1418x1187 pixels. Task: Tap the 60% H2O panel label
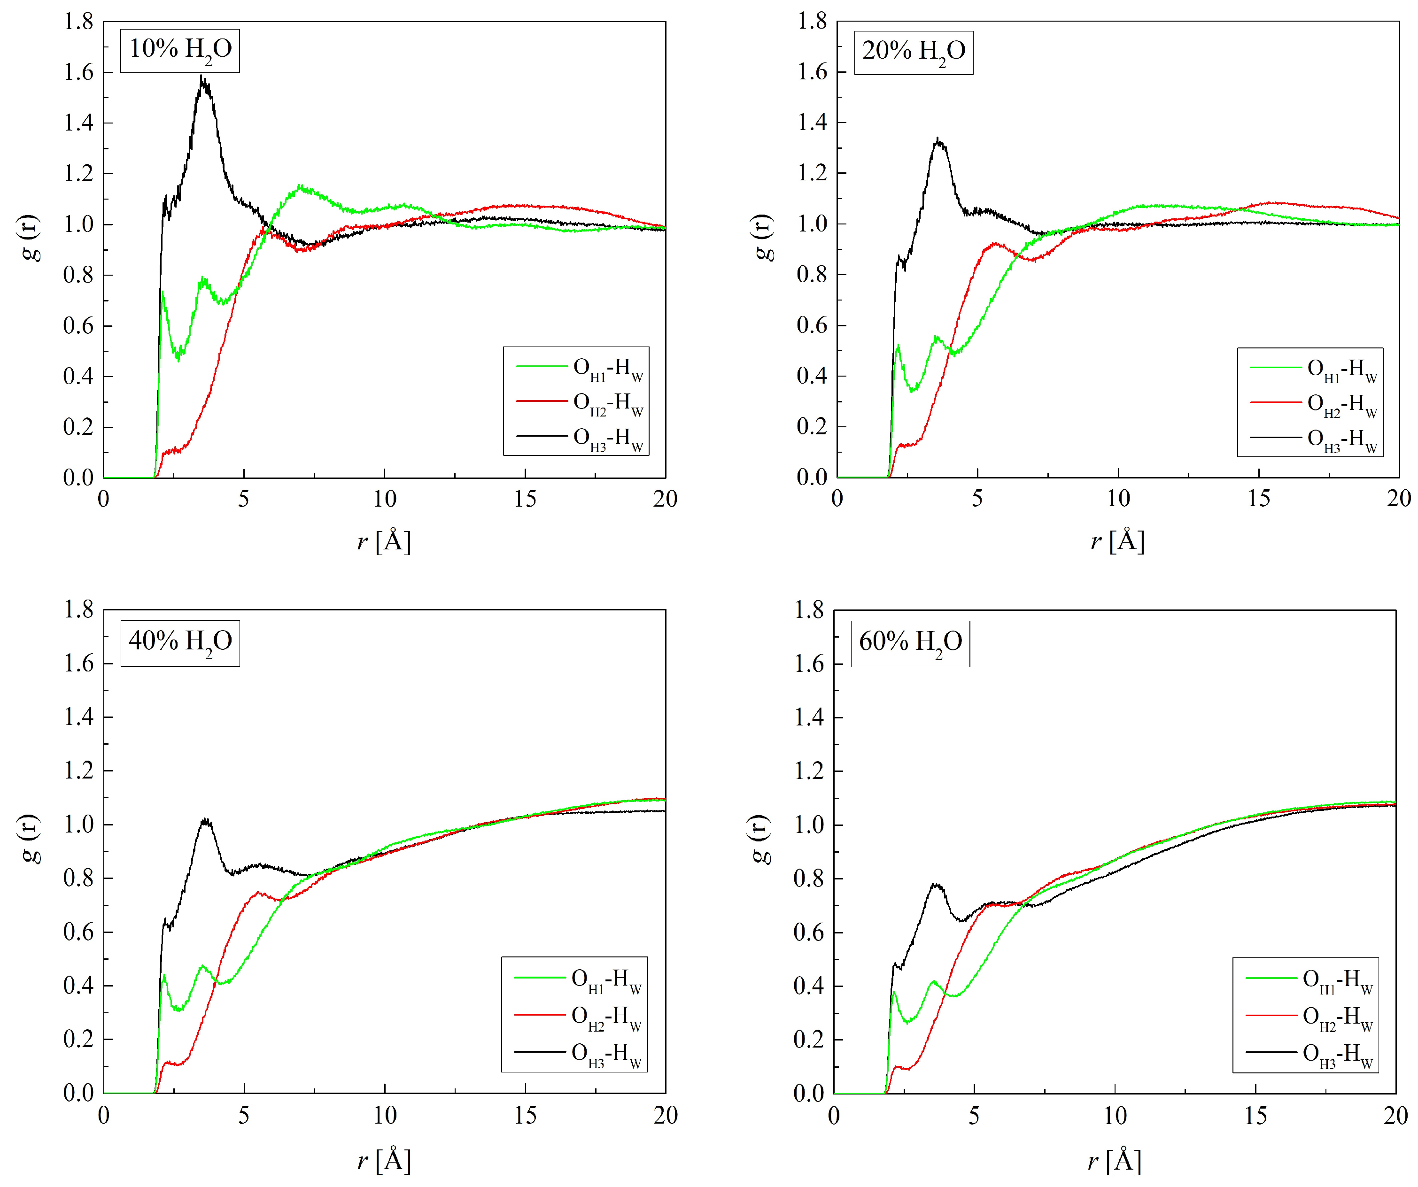(x=910, y=642)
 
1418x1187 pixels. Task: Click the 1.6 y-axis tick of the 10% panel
(x=78, y=72)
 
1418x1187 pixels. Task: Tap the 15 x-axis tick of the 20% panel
(x=1259, y=499)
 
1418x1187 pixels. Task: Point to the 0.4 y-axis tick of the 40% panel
(x=78, y=985)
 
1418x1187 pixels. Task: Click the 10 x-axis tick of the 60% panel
(x=1115, y=1116)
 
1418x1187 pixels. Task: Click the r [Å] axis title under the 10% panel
(x=384, y=541)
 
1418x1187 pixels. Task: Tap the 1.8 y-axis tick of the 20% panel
(x=812, y=21)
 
